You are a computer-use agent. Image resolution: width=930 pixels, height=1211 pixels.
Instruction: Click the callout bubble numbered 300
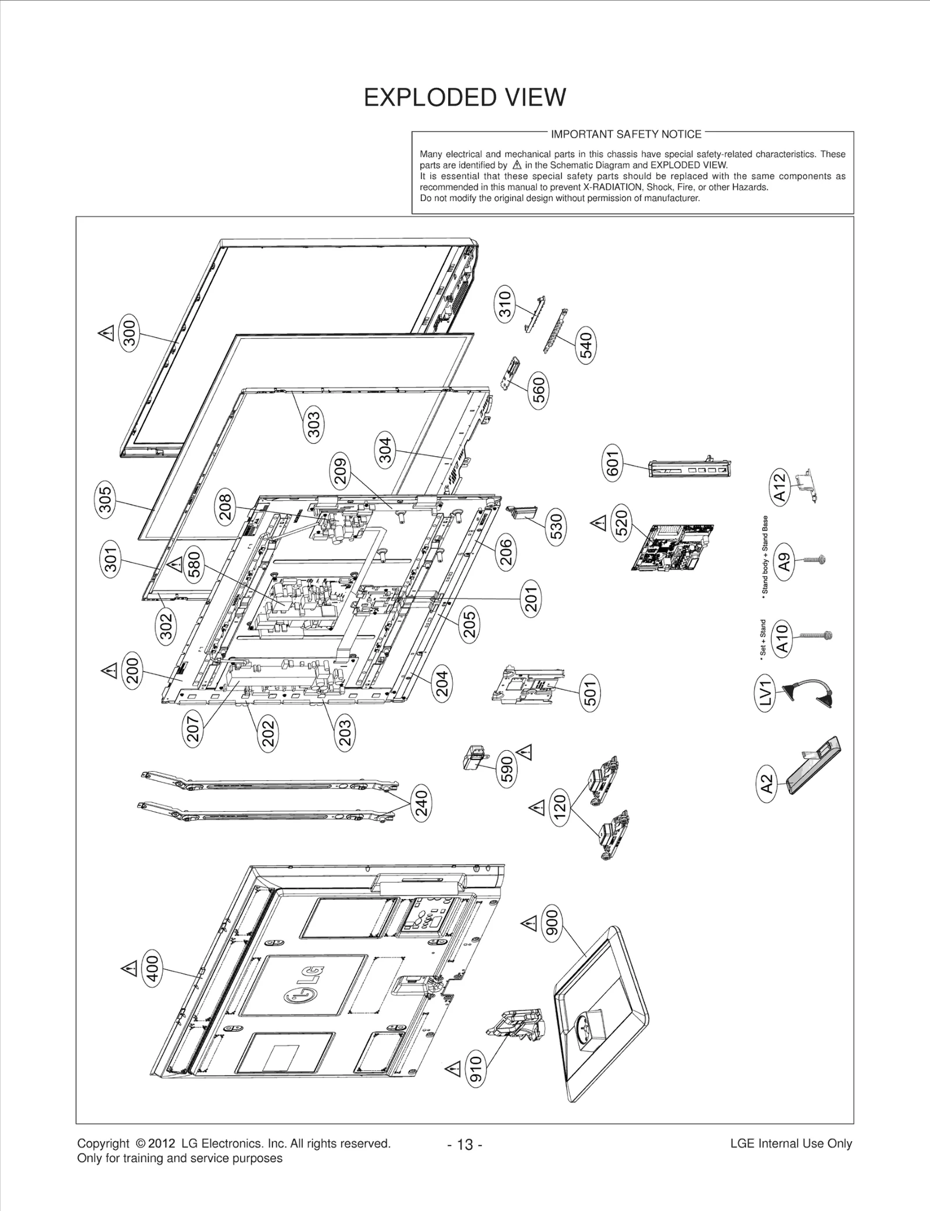tap(130, 333)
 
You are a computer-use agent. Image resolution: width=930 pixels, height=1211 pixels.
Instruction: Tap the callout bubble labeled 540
tap(586, 345)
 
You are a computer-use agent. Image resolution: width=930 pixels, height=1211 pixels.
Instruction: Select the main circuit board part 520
tap(673, 547)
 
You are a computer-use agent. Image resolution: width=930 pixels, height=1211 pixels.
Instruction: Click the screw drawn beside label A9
tap(814, 560)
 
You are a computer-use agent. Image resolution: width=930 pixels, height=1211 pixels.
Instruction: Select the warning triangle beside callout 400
tap(128, 968)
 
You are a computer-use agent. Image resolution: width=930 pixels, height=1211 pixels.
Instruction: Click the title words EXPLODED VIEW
tap(464, 98)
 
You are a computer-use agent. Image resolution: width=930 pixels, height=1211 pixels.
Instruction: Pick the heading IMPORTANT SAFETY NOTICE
tap(626, 134)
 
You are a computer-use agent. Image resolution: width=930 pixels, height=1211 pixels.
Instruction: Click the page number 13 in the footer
tap(465, 1145)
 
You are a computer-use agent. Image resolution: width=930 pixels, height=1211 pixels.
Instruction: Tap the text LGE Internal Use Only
tap(791, 1144)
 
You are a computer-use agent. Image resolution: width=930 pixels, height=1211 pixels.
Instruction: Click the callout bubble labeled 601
tap(613, 462)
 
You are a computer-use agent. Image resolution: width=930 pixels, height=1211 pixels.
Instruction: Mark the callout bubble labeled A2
tap(768, 783)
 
